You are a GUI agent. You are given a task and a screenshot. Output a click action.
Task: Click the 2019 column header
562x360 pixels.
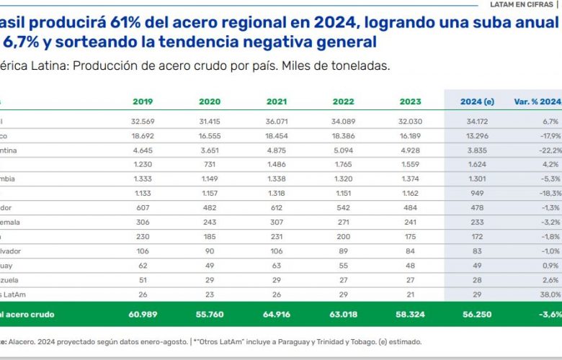[x=143, y=102]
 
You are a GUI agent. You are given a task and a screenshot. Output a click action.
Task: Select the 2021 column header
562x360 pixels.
[x=277, y=102]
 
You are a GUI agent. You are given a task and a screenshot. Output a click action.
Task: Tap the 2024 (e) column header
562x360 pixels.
[x=476, y=102]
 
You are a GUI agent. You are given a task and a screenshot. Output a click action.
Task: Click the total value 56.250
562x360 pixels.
[x=477, y=314]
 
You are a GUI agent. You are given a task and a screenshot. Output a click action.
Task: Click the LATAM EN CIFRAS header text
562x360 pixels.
[x=527, y=4]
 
